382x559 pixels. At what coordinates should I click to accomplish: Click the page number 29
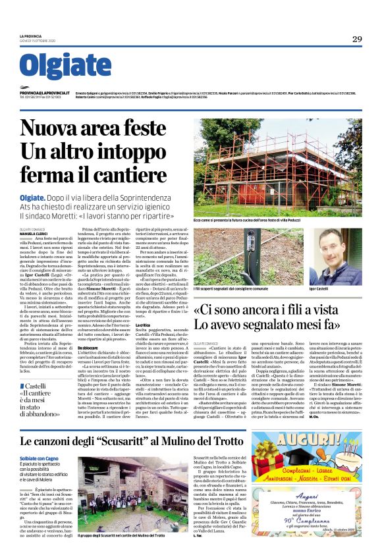click(356, 39)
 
